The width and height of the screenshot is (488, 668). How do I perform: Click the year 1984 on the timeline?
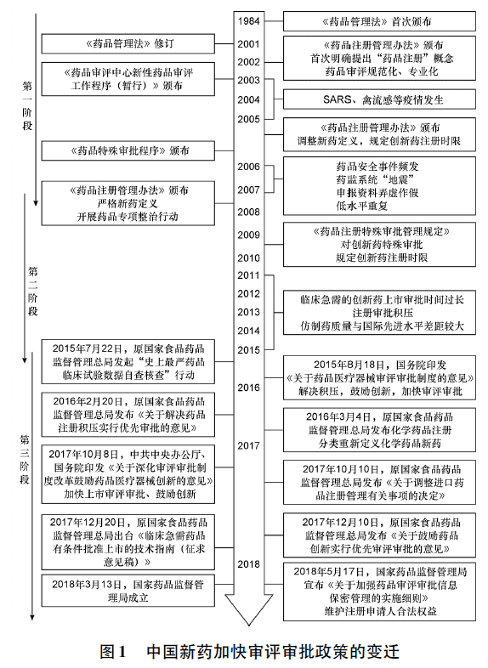[x=248, y=20]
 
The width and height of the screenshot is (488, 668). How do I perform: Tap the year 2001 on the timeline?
[x=248, y=43]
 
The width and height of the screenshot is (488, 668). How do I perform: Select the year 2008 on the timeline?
[x=248, y=212]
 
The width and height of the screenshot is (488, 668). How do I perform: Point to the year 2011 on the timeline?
[x=248, y=275]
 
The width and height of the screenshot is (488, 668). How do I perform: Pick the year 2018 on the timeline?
[x=248, y=563]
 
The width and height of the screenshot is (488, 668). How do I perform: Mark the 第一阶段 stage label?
[x=26, y=107]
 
